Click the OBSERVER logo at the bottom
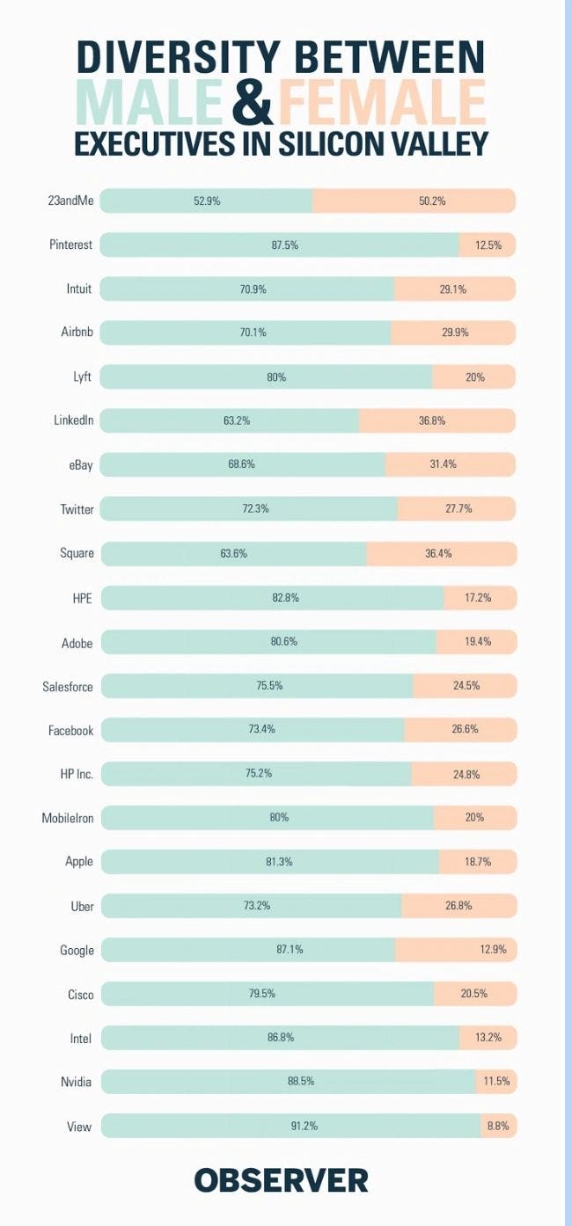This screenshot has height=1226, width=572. point(281,1179)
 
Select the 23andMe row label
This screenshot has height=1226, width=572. point(70,201)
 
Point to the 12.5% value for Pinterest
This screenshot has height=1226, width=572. point(488,245)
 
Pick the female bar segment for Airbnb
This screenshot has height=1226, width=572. point(452,332)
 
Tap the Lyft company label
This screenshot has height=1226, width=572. point(83,376)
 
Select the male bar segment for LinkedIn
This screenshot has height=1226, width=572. point(230,420)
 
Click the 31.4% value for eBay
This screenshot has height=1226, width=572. point(443,464)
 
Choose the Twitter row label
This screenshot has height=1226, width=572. point(77,509)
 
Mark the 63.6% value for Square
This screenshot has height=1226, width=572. point(234,553)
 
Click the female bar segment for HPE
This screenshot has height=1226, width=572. point(480,597)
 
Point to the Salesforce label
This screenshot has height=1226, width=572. point(68,686)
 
